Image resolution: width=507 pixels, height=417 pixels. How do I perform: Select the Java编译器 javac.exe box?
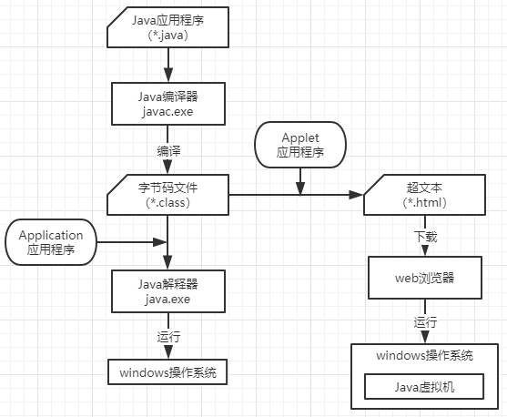point(167,103)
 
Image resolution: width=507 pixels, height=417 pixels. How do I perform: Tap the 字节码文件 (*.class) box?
point(167,195)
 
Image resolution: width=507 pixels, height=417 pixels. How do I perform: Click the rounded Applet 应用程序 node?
point(300,144)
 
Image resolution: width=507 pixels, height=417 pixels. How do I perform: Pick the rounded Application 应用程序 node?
point(50,241)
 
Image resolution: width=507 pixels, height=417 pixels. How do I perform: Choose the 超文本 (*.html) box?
point(424,195)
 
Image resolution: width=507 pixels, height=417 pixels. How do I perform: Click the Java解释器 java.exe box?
point(167,290)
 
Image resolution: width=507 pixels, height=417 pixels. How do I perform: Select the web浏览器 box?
point(424,278)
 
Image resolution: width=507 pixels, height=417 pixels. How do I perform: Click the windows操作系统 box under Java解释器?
point(167,372)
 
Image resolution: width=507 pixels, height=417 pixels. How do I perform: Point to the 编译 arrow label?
point(167,149)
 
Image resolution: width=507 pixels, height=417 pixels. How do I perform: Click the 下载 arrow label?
point(425,237)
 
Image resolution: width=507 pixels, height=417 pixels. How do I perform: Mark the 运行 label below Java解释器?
point(168,336)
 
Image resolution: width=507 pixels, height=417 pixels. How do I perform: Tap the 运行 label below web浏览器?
point(425,321)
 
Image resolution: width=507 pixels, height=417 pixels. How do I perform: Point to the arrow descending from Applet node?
point(300,179)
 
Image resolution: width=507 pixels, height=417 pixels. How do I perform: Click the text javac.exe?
point(167,111)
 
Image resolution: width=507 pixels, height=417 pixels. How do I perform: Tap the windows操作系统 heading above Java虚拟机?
point(424,356)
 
